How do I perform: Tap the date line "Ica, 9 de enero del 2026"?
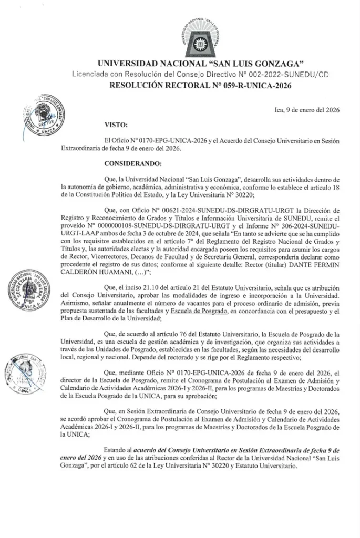[307, 110]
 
